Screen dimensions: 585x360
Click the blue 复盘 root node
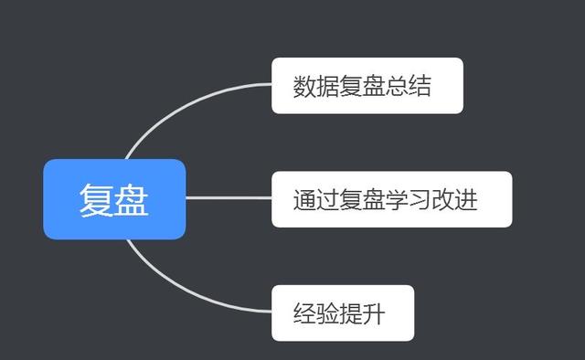click(114, 199)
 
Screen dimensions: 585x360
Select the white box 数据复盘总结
click(367, 86)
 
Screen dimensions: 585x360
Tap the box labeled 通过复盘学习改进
click(391, 199)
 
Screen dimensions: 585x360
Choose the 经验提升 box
click(342, 313)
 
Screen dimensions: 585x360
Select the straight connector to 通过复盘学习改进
click(229, 198)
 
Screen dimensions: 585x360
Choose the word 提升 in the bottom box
click(363, 314)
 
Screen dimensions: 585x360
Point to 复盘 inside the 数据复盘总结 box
click(363, 87)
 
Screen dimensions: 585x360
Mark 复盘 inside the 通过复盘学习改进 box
click(363, 200)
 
